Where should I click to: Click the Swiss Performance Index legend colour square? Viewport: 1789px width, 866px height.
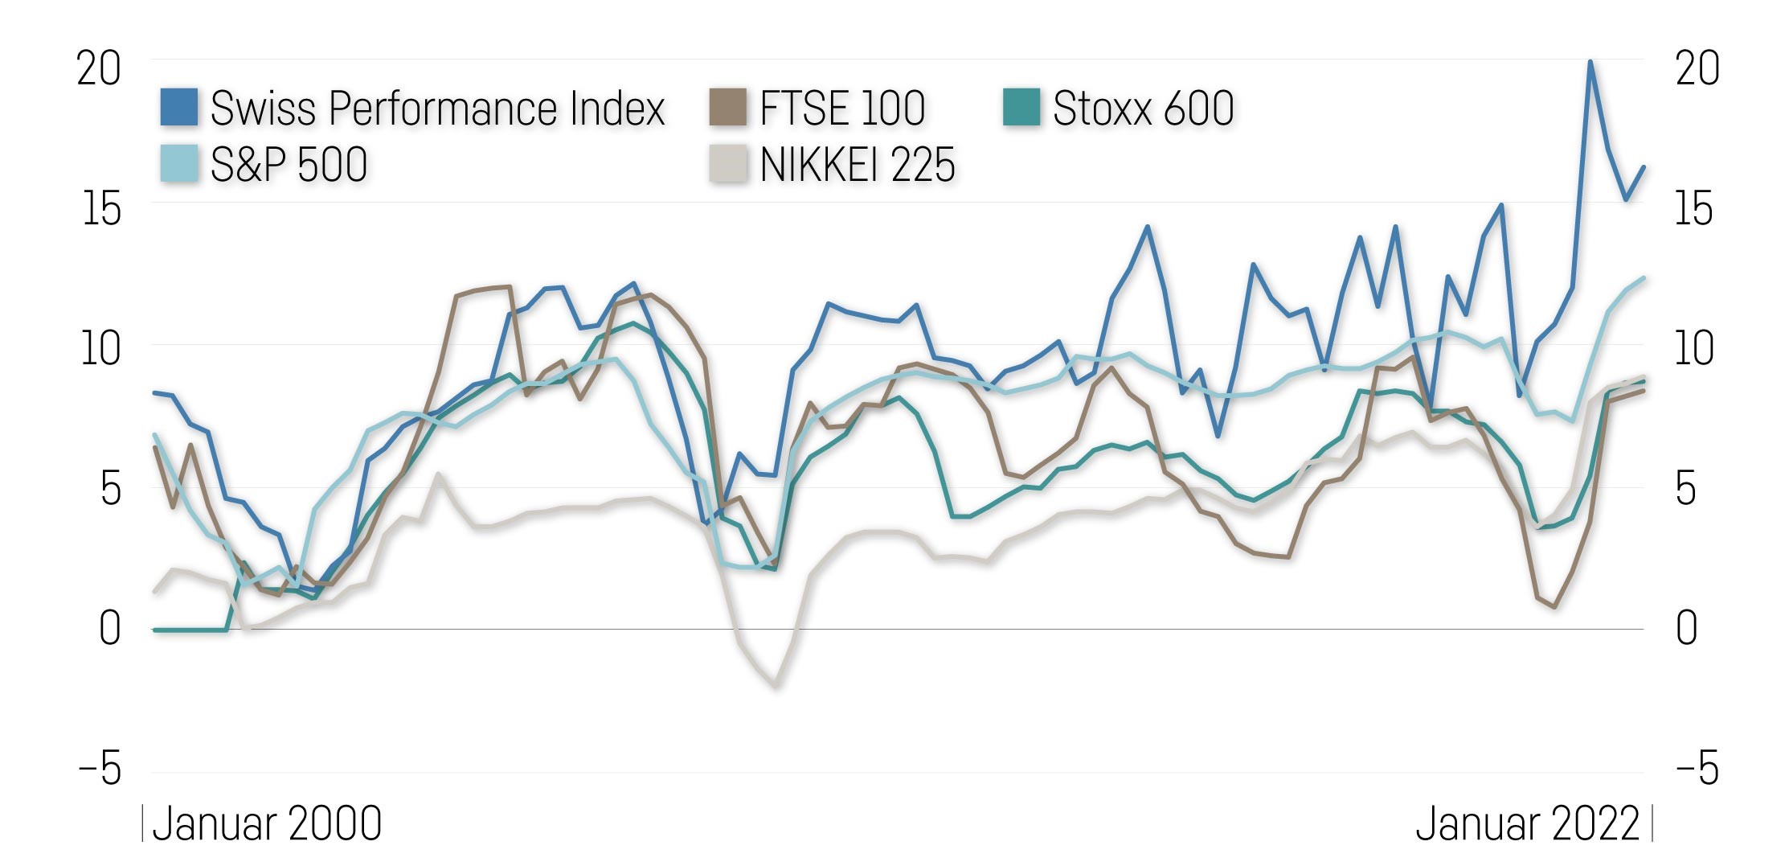pos(178,108)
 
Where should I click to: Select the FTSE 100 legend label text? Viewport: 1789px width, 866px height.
pos(842,108)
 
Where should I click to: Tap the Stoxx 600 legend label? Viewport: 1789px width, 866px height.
pos(1143,108)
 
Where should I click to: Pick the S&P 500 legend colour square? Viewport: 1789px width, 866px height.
pos(178,164)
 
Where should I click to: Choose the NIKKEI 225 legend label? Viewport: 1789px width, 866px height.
pos(857,164)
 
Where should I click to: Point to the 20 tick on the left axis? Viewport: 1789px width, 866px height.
pos(99,68)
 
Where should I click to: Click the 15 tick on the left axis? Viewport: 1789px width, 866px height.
pos(101,209)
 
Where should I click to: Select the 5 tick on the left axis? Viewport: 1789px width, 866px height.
pos(111,489)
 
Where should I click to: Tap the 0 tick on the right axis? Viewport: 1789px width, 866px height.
pos(1687,628)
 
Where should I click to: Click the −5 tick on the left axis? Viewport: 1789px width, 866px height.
pos(100,769)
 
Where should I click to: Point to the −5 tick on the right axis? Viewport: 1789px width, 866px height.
pos(1697,769)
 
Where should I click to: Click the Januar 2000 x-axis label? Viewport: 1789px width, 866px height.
pos(266,824)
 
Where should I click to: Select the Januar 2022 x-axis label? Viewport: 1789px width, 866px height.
pos(1527,824)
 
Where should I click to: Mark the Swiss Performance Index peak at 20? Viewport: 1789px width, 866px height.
pos(1590,62)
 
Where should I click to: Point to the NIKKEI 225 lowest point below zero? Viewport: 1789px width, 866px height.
pos(775,686)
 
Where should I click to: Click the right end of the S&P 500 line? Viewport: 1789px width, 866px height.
pos(1644,278)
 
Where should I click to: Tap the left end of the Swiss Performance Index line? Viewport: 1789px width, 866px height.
pos(154,392)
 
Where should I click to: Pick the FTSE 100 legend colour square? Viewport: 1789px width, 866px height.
pos(727,108)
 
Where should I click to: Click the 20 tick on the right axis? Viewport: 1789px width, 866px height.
pos(1697,68)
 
